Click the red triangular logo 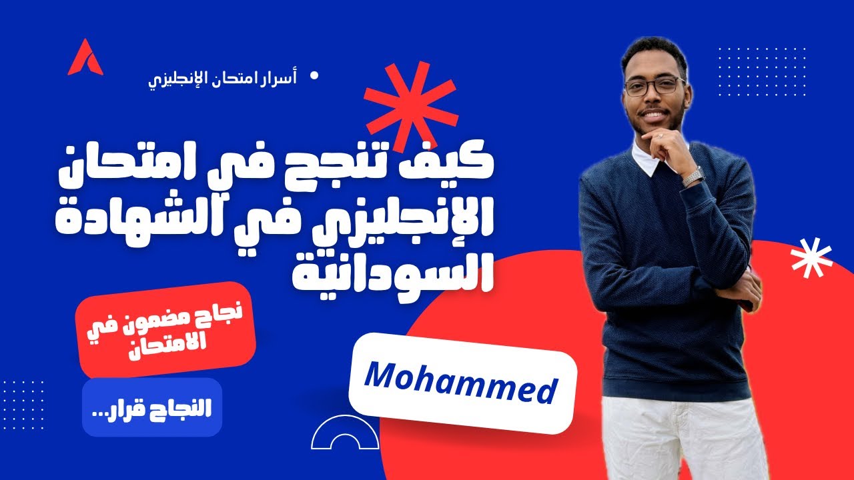(85, 59)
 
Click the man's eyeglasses (654, 86)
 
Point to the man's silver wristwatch (693, 175)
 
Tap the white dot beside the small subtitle (315, 76)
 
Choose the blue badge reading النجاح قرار (152, 407)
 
